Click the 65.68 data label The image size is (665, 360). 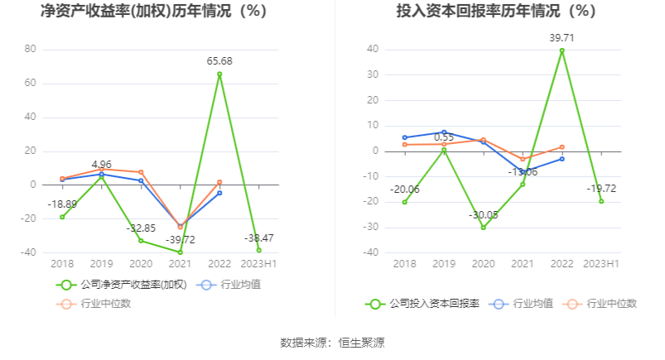[x=219, y=61]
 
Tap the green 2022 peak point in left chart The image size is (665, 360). [x=219, y=74]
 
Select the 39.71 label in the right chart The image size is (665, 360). [x=562, y=37]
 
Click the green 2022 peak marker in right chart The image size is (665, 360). [x=562, y=50]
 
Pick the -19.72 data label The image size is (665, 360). [x=601, y=188]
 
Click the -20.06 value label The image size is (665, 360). [x=405, y=189]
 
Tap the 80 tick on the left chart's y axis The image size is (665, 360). [x=30, y=49]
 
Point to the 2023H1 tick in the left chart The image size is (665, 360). [x=258, y=263]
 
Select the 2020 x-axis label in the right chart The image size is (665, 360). [x=483, y=263]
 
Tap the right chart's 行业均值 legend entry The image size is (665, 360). [x=523, y=303]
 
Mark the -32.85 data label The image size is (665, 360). [x=141, y=228]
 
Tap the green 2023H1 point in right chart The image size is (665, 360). [x=601, y=201]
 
